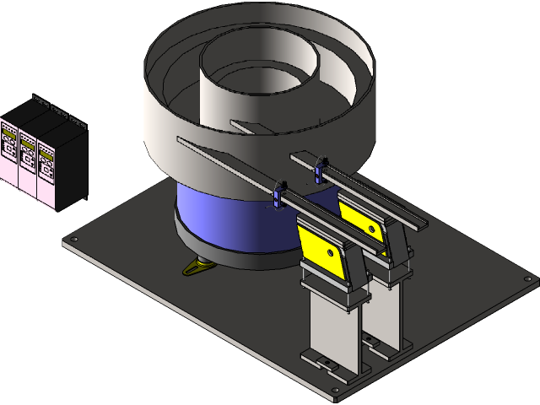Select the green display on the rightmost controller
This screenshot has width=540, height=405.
pos(46,145)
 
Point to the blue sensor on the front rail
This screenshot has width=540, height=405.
pos(280,193)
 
